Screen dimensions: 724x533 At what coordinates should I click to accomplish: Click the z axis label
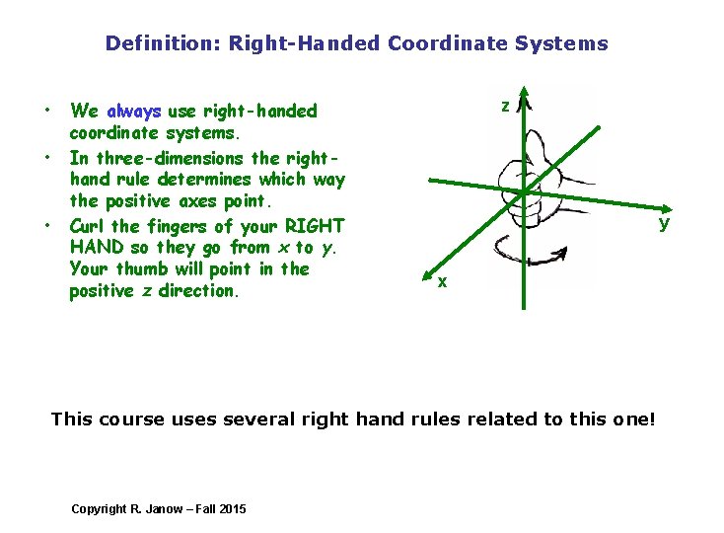(505, 106)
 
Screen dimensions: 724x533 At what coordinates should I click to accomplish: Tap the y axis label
(664, 222)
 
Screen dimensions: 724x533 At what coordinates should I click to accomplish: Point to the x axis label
(443, 282)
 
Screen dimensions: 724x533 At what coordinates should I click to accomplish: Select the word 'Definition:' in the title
(163, 43)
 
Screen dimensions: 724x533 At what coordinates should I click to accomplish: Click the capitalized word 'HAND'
(96, 247)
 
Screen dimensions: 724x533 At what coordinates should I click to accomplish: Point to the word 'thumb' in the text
(143, 268)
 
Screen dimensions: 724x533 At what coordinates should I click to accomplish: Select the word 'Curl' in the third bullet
(88, 225)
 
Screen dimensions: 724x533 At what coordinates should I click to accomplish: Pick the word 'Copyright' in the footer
(99, 508)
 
